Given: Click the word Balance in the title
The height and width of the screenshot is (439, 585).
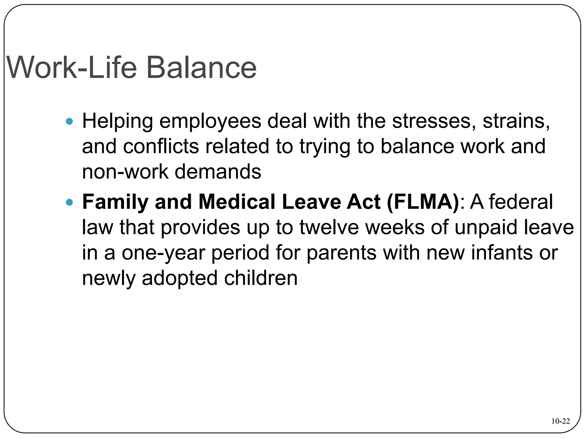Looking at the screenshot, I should click(x=201, y=68).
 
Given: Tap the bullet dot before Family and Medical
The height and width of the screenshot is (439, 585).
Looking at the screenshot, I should click(x=69, y=203).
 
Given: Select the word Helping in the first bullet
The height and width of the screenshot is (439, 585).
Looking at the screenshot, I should click(x=117, y=121).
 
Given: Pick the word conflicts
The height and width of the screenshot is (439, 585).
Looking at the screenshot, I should click(x=161, y=146).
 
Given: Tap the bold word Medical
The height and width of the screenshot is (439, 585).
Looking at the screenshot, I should click(x=237, y=202).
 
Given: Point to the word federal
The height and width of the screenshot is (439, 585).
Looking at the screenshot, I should click(x=521, y=202).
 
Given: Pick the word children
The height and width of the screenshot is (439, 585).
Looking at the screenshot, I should click(x=261, y=278).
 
